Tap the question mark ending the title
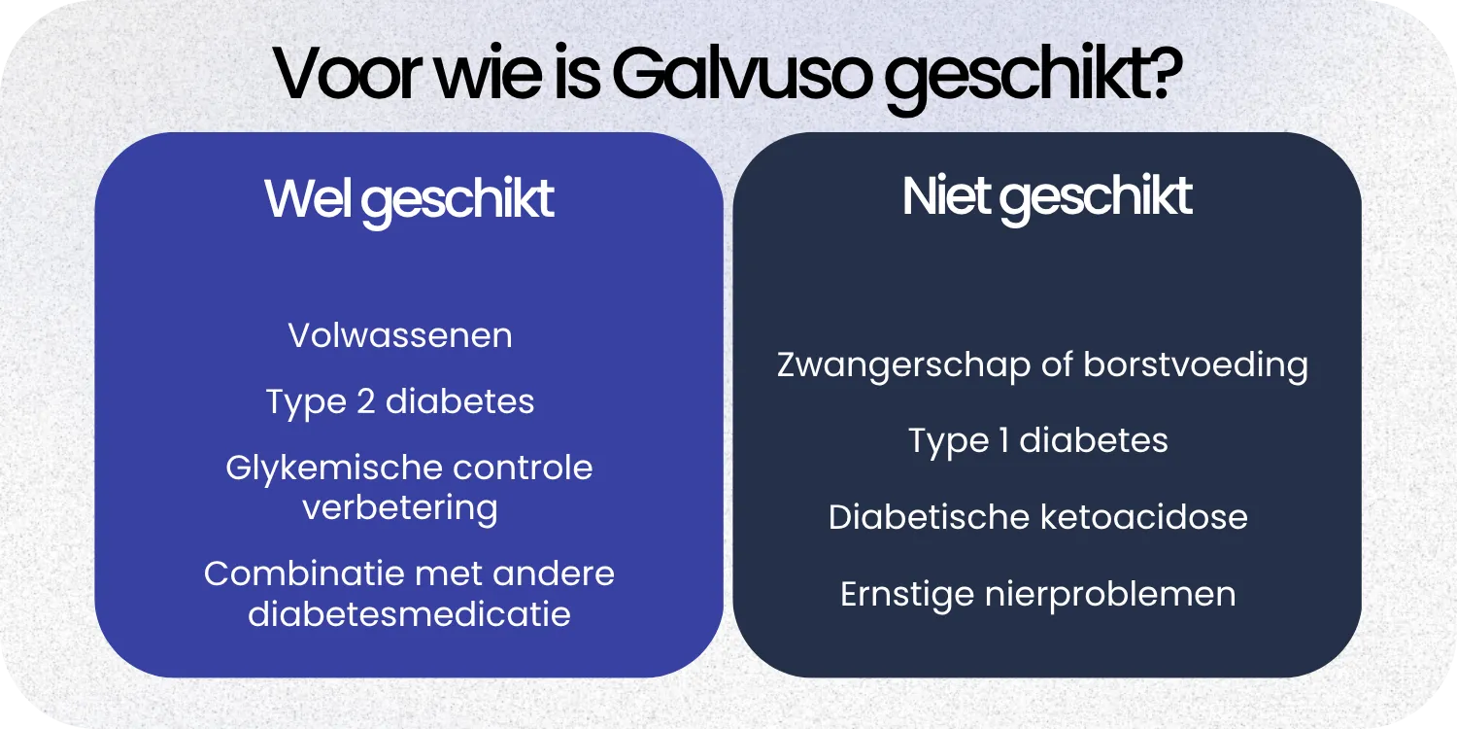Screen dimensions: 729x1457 click(x=1162, y=73)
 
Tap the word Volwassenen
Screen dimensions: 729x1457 click(x=400, y=336)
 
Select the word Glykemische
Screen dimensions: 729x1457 click(x=312, y=469)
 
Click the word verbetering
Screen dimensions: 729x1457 click(x=400, y=507)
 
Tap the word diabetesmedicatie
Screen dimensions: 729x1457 click(x=409, y=614)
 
